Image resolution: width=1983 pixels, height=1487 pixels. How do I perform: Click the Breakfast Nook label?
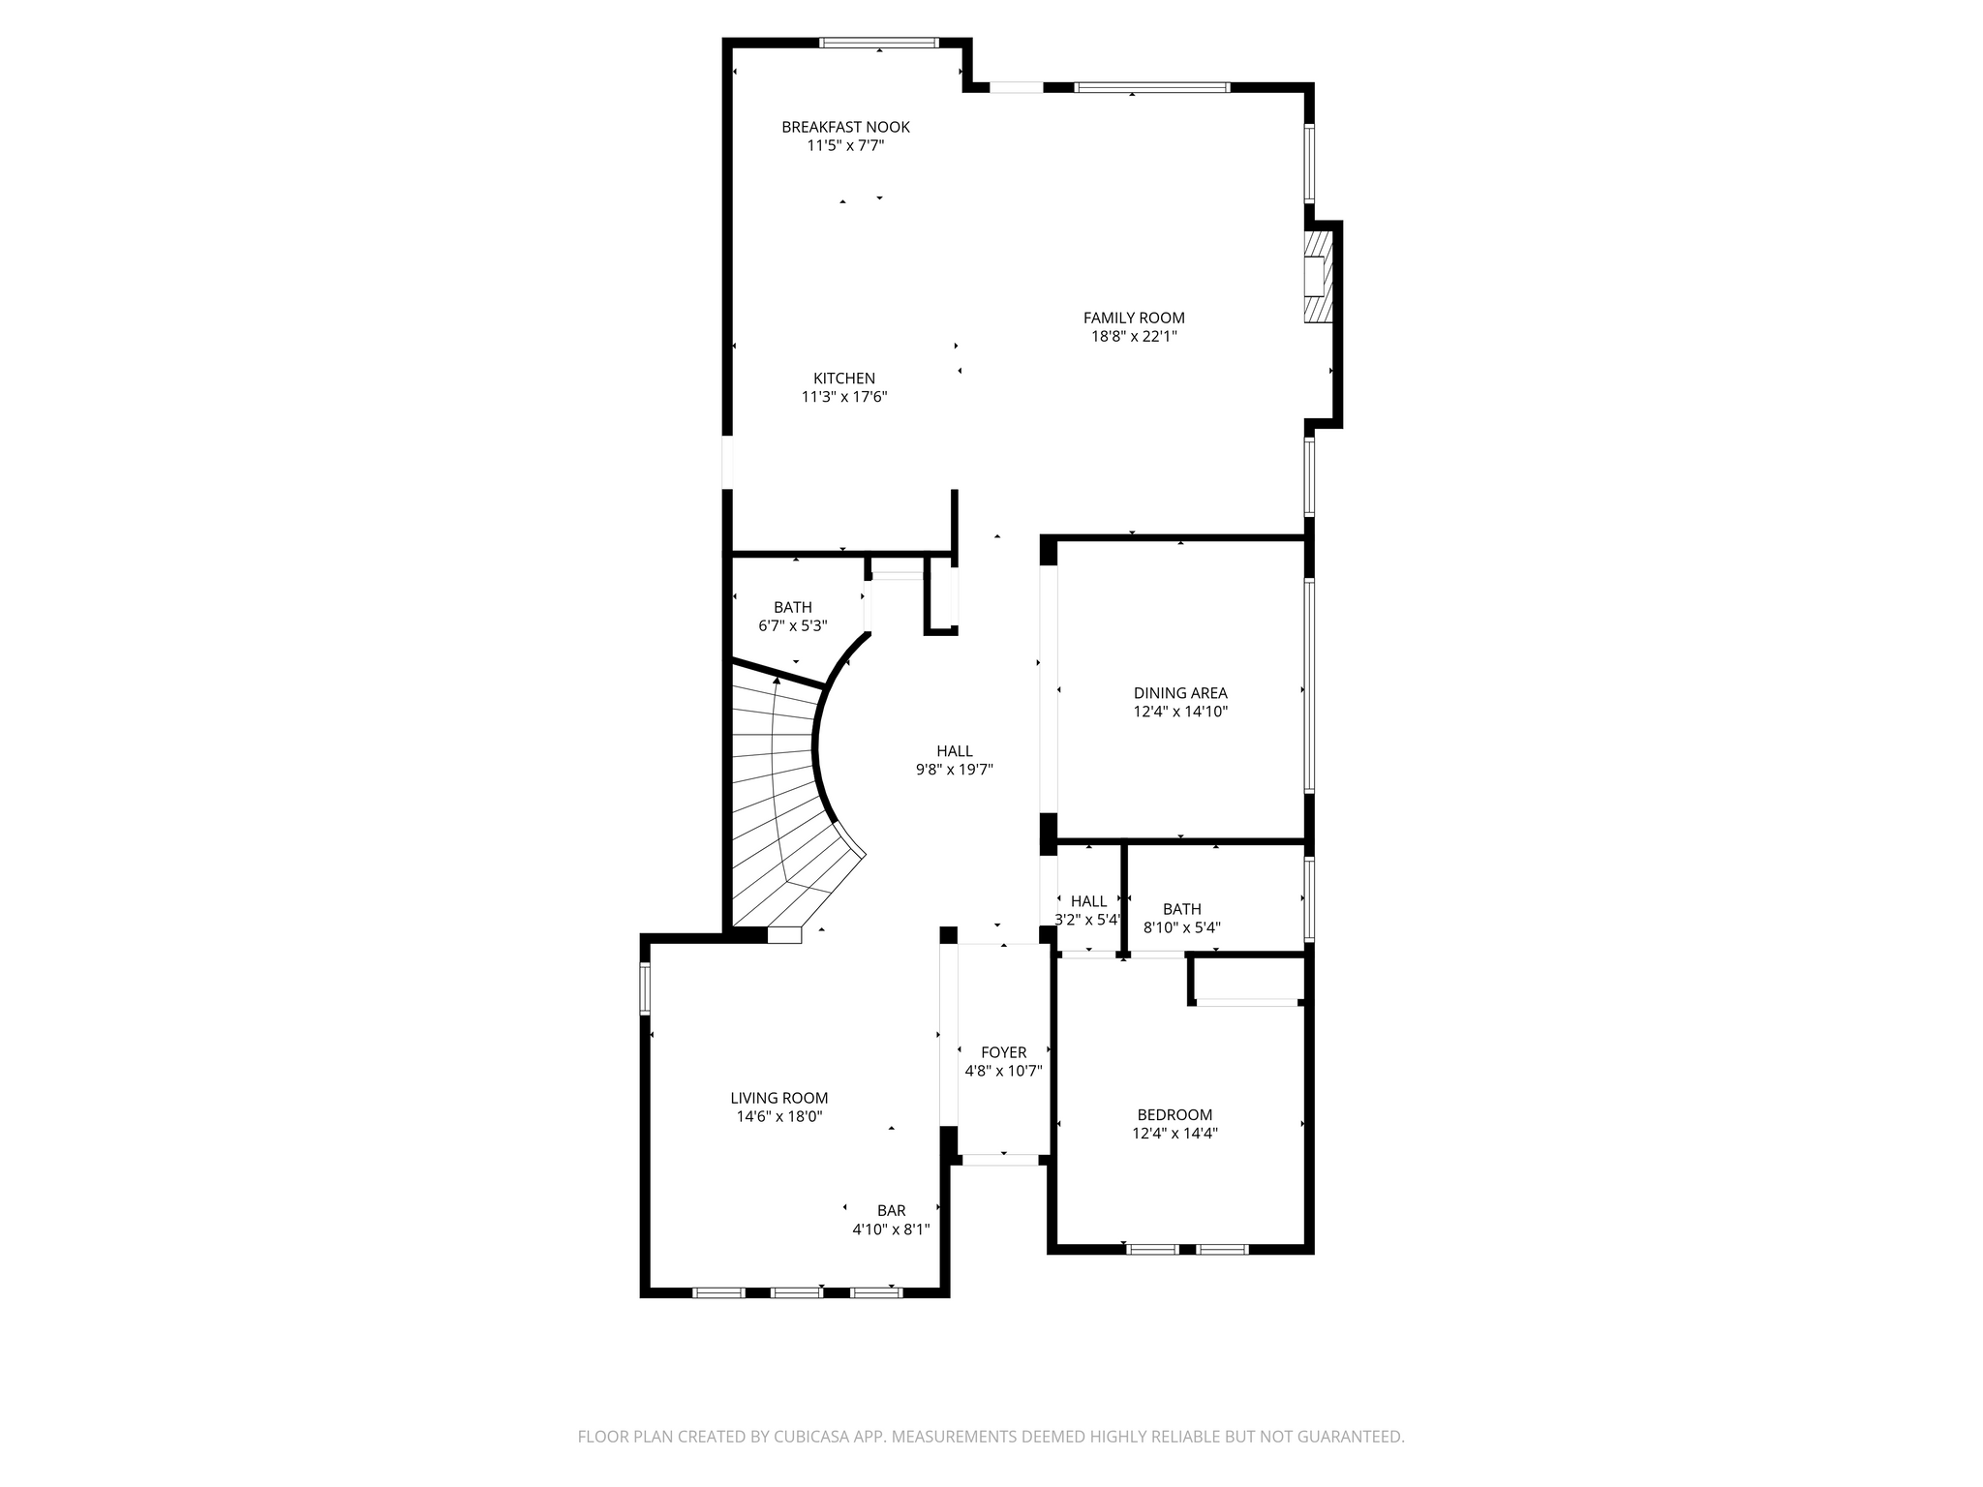[845, 127]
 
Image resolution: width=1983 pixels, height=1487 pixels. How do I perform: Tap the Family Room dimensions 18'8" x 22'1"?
[1134, 337]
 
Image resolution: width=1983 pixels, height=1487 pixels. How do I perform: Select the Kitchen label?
[844, 379]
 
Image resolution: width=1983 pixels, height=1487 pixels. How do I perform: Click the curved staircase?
[784, 804]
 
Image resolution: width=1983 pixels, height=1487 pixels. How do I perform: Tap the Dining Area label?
[1180, 693]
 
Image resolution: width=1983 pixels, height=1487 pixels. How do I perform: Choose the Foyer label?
[1004, 1052]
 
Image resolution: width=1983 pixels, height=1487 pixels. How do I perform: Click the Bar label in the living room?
[892, 1210]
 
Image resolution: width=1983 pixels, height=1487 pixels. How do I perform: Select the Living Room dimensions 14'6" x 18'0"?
[779, 1116]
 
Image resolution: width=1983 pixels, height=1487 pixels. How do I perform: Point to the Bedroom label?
[1175, 1114]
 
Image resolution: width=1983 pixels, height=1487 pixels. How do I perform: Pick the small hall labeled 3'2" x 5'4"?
[1089, 901]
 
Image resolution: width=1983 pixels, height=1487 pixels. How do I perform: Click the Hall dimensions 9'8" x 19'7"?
[955, 770]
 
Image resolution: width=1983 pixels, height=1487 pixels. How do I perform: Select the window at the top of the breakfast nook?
[879, 43]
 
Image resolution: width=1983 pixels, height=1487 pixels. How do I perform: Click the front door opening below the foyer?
[1000, 1159]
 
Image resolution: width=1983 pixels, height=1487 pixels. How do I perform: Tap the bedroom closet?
[1248, 980]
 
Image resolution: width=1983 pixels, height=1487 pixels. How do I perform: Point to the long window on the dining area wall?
[1309, 686]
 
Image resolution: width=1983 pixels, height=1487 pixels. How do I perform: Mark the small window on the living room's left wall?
[645, 988]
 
